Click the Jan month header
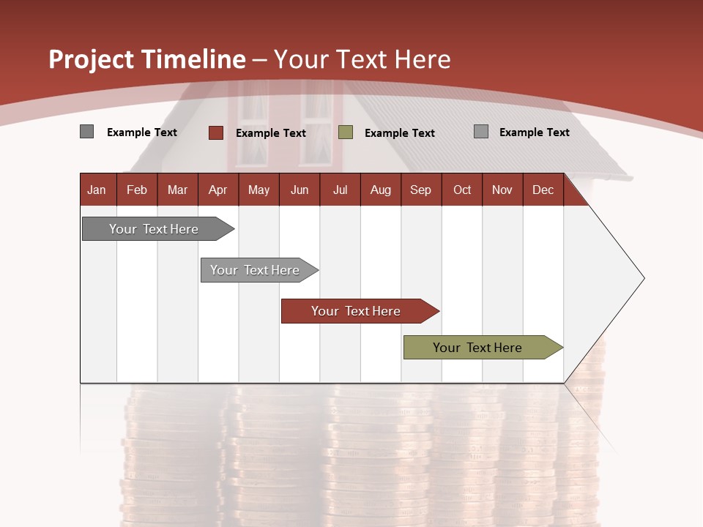coord(97,190)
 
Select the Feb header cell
coord(137,190)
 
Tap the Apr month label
coord(217,190)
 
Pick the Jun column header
coord(300,190)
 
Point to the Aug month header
coord(380,190)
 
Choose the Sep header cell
coord(420,190)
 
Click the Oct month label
coord(462,190)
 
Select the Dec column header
coord(543,190)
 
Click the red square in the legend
coord(216,132)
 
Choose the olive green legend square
coord(346,132)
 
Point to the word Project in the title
coord(92,59)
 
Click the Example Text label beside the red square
coord(271,133)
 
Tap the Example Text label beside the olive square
coord(400,133)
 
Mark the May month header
coord(258,190)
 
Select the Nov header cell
coord(502,190)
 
